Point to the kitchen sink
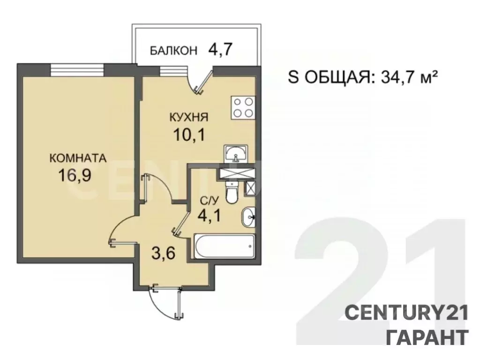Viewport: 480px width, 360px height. [x=236, y=153]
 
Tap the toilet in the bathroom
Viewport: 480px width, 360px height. [x=232, y=193]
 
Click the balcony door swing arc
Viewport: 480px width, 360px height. [x=199, y=84]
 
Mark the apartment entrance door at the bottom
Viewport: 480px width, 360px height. [x=164, y=300]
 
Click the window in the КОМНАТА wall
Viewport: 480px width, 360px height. [x=77, y=70]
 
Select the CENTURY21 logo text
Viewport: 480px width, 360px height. [x=406, y=312]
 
